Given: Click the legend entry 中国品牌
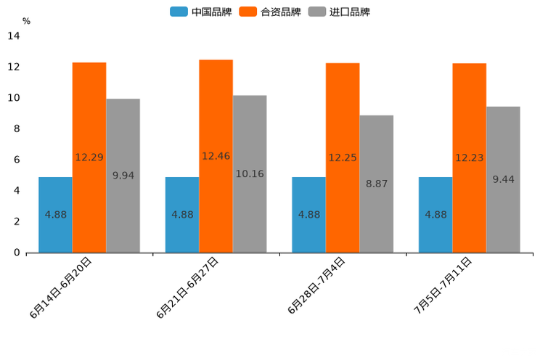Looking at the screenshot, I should click(202, 12).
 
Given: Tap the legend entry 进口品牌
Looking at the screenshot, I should click(340, 12).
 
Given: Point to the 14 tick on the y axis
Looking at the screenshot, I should click(13, 36).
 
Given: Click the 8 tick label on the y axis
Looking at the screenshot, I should click(17, 129).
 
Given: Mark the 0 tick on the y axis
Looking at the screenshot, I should click(17, 253).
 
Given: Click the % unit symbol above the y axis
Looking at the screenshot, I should click(26, 21).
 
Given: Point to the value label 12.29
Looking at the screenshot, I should click(89, 157).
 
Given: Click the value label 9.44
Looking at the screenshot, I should click(503, 179).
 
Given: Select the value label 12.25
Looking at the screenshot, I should click(343, 157).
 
